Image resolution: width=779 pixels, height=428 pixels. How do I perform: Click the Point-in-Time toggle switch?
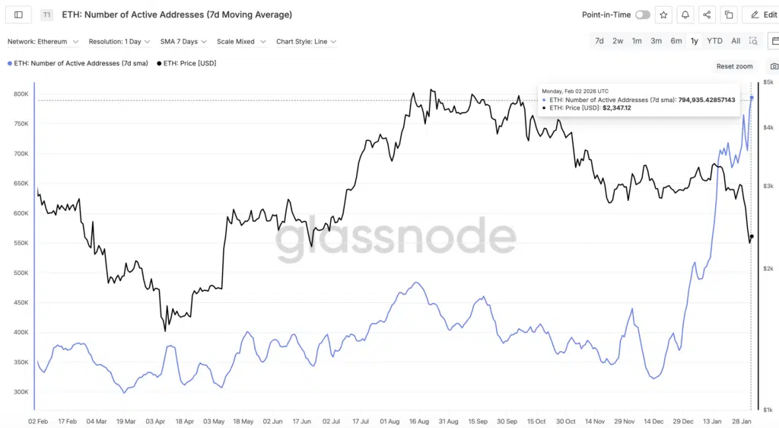pos(642,14)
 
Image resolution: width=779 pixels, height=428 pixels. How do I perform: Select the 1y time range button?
pos(694,41)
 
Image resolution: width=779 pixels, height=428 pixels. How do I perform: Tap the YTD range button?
pos(714,41)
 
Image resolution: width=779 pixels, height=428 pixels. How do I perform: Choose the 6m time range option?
pos(676,41)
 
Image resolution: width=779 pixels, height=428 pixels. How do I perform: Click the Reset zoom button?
pos(734,66)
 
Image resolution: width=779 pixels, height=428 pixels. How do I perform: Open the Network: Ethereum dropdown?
pos(43,42)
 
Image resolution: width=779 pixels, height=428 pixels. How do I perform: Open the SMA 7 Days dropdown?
pos(183,42)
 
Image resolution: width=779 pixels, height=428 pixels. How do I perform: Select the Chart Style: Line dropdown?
pos(306,42)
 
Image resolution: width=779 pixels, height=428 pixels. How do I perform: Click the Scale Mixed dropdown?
pos(240,42)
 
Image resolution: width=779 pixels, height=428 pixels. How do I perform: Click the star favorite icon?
pos(664,14)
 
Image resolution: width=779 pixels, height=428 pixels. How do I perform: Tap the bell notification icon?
pos(685,14)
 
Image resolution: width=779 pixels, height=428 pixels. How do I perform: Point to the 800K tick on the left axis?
pos(21,94)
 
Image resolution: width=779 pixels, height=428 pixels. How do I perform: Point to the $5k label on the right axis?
pos(768,82)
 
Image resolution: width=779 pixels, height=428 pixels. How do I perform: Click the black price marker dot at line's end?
pos(752,237)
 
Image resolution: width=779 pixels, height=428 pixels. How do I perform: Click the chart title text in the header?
pos(176,14)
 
